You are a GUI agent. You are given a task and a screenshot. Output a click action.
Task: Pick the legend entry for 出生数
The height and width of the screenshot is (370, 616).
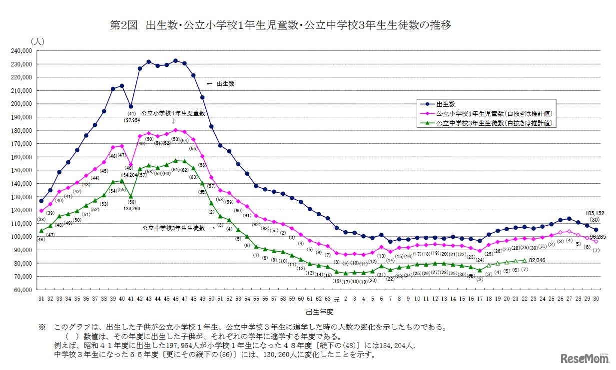(x=446, y=104)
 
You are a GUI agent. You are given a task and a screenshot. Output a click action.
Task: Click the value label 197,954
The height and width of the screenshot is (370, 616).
(x=130, y=120)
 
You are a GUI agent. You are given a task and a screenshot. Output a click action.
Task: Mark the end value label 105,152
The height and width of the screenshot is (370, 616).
(x=594, y=213)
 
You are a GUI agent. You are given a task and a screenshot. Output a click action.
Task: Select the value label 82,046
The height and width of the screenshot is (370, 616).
(x=542, y=260)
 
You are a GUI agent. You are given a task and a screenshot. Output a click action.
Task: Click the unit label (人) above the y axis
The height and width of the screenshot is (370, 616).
(x=37, y=41)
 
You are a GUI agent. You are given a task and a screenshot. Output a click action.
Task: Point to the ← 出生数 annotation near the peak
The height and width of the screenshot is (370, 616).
(x=220, y=84)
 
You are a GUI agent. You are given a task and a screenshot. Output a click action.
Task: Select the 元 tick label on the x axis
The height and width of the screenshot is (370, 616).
(x=336, y=299)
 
